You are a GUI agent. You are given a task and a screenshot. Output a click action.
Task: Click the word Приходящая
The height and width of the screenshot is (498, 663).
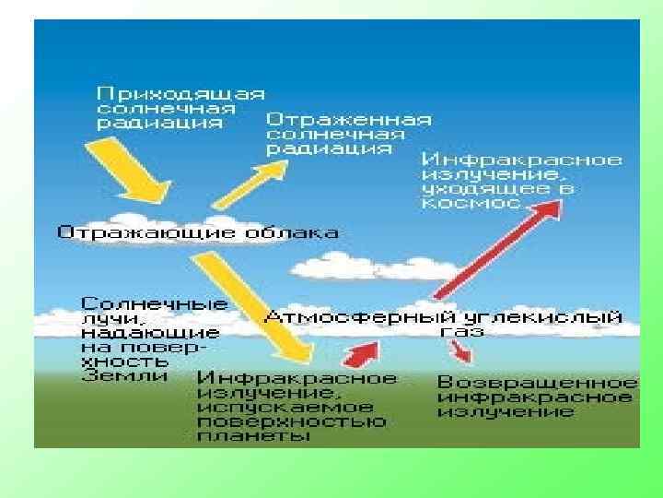(181, 93)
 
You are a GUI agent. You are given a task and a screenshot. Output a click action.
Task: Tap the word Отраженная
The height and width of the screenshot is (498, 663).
(348, 119)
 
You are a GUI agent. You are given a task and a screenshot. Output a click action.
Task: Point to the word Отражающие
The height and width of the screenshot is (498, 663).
(138, 232)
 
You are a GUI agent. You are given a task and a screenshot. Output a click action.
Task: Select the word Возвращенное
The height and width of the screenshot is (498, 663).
(537, 382)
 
